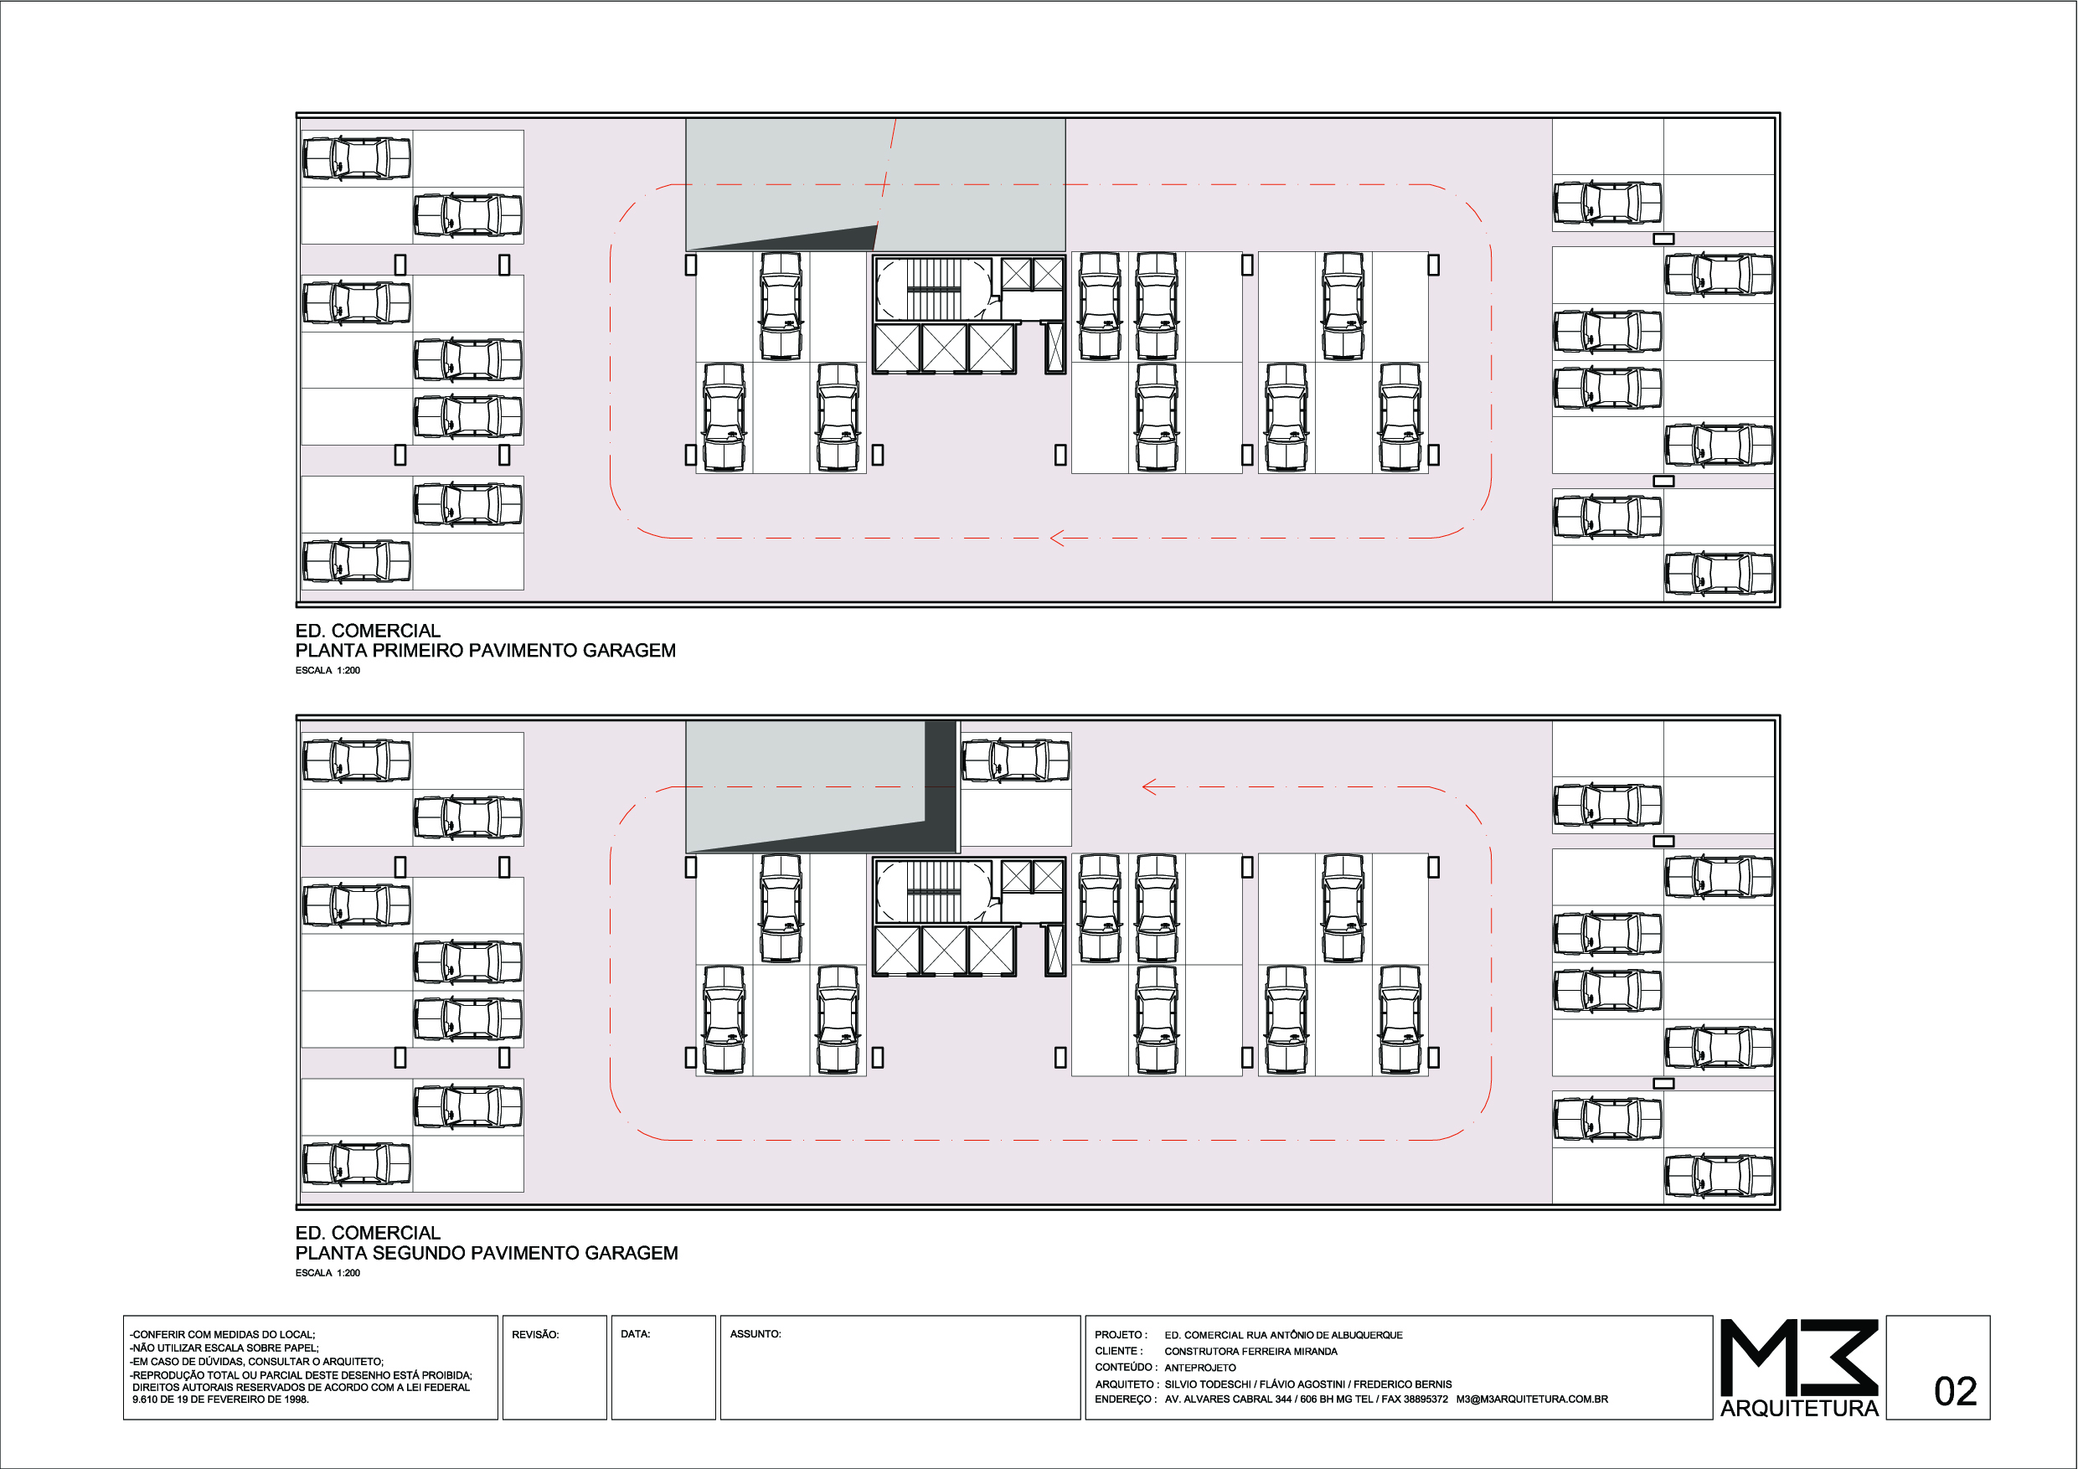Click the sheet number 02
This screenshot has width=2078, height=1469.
pos(1955,1391)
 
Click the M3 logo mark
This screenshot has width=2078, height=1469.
pos(1798,1357)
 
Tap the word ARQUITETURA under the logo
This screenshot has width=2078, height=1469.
pos(1799,1409)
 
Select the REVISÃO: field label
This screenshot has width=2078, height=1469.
pos(535,1334)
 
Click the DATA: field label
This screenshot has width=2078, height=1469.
pos(636,1334)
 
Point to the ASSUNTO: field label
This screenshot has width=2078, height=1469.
pos(755,1334)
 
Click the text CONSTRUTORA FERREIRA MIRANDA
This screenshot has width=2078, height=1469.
pos(1250,1352)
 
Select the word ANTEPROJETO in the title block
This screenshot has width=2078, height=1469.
pos(1200,1368)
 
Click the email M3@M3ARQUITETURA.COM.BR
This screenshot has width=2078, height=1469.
pos(1532,1399)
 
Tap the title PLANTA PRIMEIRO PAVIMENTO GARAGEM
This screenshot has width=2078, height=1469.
pos(485,650)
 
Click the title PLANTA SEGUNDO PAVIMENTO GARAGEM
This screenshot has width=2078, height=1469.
pos(486,1253)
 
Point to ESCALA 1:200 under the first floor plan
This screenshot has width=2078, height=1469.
pos(327,671)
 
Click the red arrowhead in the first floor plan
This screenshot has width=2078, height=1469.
pos(1056,538)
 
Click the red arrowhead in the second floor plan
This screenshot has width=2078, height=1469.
pos(1149,786)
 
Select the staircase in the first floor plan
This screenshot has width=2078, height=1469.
pos(933,289)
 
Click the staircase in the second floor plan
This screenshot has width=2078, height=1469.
pos(933,890)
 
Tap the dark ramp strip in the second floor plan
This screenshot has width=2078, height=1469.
pos(941,786)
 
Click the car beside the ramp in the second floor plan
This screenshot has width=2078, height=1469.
pos(1015,760)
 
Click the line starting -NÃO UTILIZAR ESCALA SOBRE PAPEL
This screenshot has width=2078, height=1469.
pos(224,1348)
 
